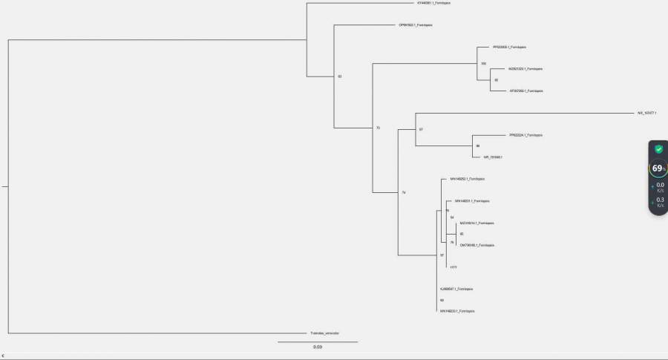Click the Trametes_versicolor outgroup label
[x=324, y=333]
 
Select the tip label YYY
[x=453, y=266]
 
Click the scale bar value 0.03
[x=317, y=347]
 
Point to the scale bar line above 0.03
[x=318, y=341]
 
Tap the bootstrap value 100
[x=483, y=63]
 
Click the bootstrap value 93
[x=340, y=76]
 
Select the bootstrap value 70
[x=378, y=128]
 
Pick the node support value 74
[x=404, y=193]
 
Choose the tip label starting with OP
[x=416, y=25]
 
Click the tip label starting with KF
[x=525, y=91]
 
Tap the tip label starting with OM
[x=477, y=245]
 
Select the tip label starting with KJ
[x=456, y=289]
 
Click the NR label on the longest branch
[x=646, y=113]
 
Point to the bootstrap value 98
[x=478, y=146]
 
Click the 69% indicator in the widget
[x=658, y=168]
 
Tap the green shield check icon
[x=658, y=149]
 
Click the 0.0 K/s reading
[x=660, y=186]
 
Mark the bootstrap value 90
[x=442, y=300]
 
